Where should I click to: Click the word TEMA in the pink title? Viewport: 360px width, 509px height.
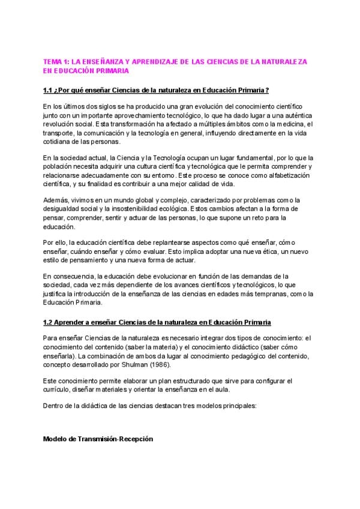pyautogui.click(x=53, y=62)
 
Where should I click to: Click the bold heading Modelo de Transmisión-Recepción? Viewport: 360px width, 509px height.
pyautogui.click(x=98, y=439)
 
